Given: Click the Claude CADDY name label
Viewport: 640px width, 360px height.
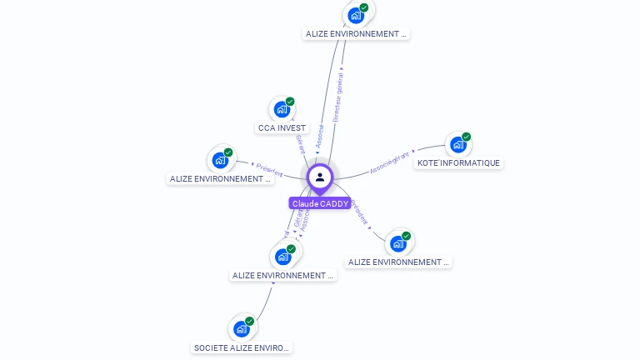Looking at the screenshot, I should point(320,203).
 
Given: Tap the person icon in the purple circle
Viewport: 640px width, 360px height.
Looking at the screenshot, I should point(320,177).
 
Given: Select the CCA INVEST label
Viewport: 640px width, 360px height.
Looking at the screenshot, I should point(282,128).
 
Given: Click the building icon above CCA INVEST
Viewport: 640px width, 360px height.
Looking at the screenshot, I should point(282,109).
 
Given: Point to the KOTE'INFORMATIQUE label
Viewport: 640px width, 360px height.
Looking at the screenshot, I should point(458,163).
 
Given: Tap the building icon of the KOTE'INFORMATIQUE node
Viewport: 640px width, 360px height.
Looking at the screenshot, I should point(457,145).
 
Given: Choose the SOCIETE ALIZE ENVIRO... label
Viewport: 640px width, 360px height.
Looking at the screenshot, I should point(242,347).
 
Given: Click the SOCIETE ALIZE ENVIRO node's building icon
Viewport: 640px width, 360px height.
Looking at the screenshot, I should point(241,329).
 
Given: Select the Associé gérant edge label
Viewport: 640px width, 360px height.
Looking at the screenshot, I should point(391,161).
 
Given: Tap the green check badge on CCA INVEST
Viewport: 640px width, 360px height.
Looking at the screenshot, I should point(290,102).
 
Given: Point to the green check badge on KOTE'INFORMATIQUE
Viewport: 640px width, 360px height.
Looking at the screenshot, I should point(466,137).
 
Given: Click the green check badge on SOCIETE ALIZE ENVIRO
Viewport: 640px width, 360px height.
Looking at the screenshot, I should point(249,321).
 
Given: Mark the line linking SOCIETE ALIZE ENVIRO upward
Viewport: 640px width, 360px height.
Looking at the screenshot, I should point(263,304).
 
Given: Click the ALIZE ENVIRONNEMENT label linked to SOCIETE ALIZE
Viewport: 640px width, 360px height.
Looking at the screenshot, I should point(282,276).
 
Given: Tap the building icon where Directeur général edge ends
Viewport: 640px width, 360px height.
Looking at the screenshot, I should point(356,16).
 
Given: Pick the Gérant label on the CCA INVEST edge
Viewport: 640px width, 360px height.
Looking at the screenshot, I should point(299,142).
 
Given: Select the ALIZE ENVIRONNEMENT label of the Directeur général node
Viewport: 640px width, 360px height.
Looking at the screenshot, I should point(356,34).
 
